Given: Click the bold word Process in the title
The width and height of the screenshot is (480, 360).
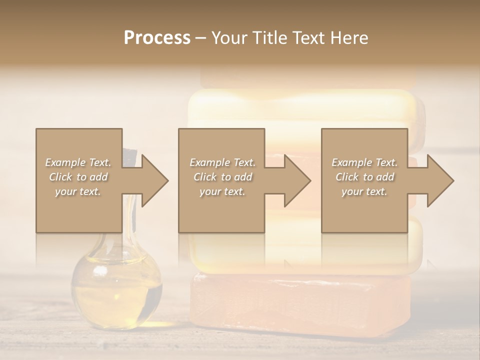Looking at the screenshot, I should click(x=157, y=37).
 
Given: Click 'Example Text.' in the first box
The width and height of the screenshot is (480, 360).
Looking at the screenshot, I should click(x=78, y=162).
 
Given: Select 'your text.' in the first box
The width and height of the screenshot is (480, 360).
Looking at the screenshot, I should click(x=78, y=191).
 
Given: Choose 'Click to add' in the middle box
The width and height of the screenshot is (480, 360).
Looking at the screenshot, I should click(x=222, y=177).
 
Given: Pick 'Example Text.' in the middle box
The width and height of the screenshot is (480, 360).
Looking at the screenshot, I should click(x=222, y=162).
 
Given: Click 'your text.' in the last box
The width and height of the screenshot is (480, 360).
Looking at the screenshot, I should click(x=364, y=191).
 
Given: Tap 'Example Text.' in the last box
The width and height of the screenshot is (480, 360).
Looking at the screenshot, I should click(x=364, y=162).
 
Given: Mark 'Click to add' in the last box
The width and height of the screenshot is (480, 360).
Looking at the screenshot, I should click(x=364, y=177).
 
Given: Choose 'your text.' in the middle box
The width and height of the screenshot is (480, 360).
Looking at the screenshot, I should click(x=222, y=191).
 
